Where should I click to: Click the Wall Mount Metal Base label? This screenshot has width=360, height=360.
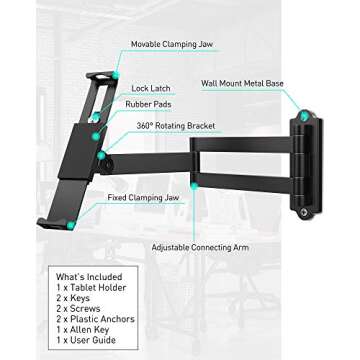click(x=242, y=84)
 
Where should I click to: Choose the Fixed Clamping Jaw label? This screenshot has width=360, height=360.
click(x=143, y=197)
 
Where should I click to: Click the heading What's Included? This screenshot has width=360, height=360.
click(x=89, y=277)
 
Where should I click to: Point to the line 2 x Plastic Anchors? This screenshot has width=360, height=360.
click(x=95, y=319)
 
